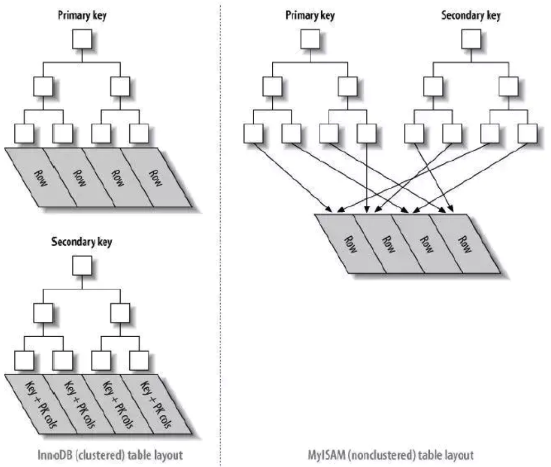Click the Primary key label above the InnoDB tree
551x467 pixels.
click(x=82, y=15)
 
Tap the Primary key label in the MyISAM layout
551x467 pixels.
click(x=310, y=15)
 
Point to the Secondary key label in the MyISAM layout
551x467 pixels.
click(x=471, y=15)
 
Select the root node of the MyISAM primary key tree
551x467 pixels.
click(x=310, y=39)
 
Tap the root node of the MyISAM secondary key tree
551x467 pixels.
click(x=471, y=39)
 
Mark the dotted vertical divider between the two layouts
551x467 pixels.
click(x=219, y=234)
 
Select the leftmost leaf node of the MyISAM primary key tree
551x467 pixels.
click(x=253, y=132)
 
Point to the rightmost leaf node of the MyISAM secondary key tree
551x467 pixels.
click(x=528, y=132)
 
